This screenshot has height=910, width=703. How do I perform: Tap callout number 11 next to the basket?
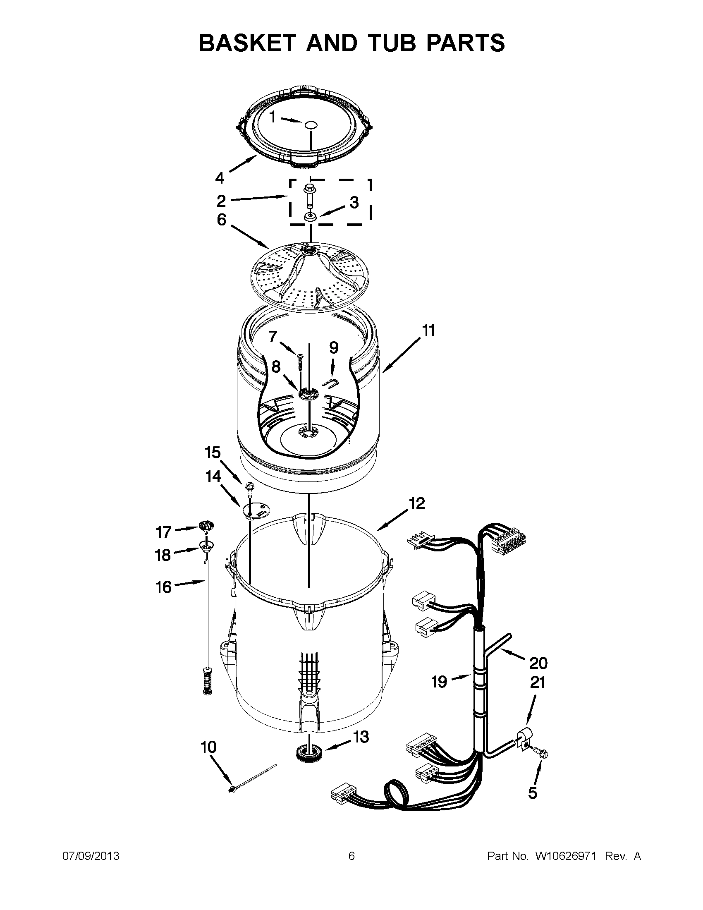click(428, 330)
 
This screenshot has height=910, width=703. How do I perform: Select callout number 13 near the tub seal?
click(361, 737)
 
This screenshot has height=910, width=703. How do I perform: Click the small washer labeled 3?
click(309, 217)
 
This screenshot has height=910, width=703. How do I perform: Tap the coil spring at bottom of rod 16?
click(206, 681)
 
